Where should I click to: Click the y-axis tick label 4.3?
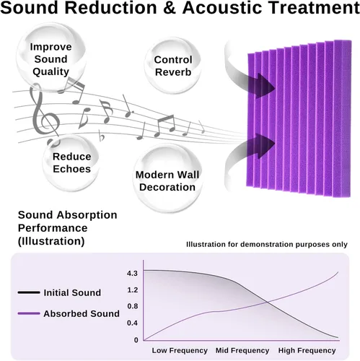(132, 274)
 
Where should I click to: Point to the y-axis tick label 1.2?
(133, 290)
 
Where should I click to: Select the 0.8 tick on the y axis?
(133, 306)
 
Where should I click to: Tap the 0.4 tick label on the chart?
(133, 323)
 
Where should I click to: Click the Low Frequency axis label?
(180, 350)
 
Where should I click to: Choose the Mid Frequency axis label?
(242, 350)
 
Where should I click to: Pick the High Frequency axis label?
(307, 350)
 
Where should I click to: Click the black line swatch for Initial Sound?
(29, 292)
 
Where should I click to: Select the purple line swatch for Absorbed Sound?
(29, 313)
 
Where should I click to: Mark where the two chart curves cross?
(267, 303)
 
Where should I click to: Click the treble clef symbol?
(45, 114)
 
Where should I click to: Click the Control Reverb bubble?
(173, 66)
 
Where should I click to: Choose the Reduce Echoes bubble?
(71, 162)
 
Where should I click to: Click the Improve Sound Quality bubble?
(51, 57)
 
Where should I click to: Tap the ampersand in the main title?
(170, 8)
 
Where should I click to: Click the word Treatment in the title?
(313, 8)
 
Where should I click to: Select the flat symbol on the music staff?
(102, 136)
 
